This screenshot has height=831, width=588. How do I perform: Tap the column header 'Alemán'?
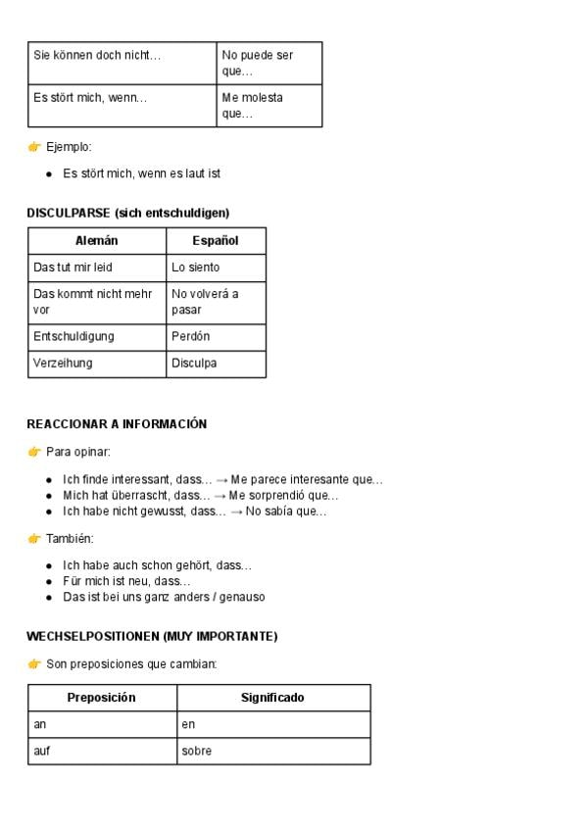tap(97, 241)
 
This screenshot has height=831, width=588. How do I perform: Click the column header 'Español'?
tap(216, 241)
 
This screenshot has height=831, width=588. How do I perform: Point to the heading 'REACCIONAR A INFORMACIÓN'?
tap(117, 424)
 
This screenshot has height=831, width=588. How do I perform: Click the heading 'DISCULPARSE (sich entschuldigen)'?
tap(128, 213)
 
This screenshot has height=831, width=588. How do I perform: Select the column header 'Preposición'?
tap(101, 698)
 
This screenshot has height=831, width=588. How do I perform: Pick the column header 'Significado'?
tap(272, 698)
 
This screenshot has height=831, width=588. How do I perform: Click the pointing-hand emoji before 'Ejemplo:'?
tap(34, 147)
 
